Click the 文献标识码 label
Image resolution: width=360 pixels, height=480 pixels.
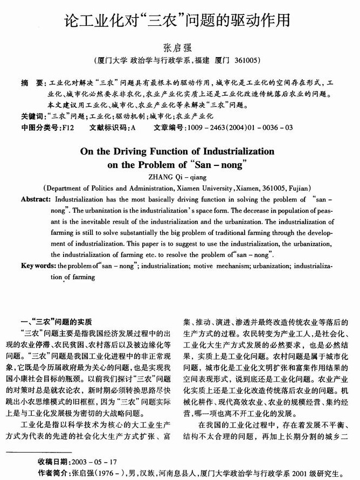[x=106, y=128]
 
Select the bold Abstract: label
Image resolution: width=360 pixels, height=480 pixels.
[x=36, y=199]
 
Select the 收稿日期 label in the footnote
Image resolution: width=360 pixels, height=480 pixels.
[x=53, y=462]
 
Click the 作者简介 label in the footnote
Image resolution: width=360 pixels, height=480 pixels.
[x=53, y=473]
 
